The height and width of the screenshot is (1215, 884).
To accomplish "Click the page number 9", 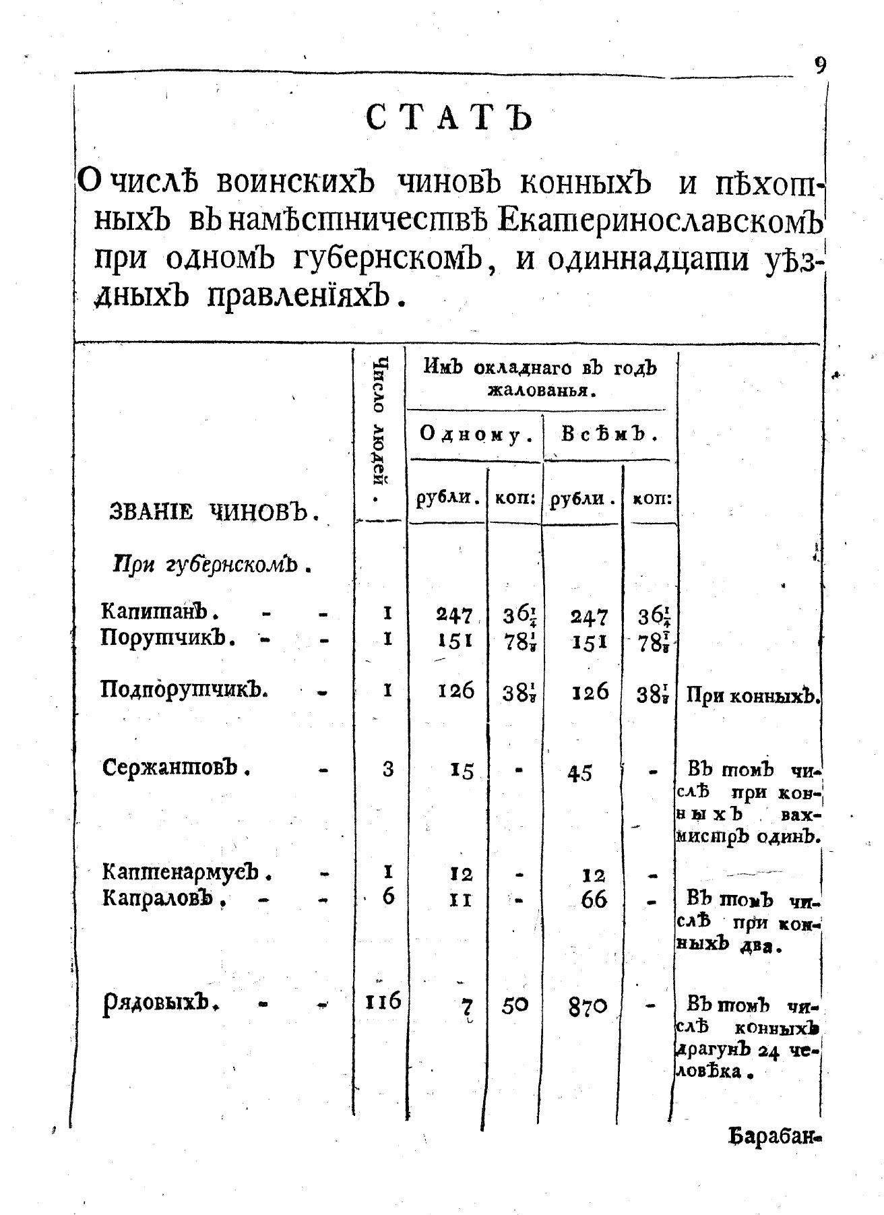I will tap(819, 66).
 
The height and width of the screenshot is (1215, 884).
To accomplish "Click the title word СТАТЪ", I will tap(449, 119).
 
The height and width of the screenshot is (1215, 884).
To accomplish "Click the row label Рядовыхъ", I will tap(162, 1004).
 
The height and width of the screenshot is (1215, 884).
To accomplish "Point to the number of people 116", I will tap(379, 1002).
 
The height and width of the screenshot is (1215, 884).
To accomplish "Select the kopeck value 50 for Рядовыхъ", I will tap(515, 1005).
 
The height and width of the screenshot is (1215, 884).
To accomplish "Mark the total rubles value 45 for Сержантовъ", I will tap(579, 773).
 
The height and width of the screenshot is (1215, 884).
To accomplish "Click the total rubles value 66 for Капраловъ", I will tap(594, 900).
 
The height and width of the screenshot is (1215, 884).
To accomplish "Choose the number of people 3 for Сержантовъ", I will tap(388, 769).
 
